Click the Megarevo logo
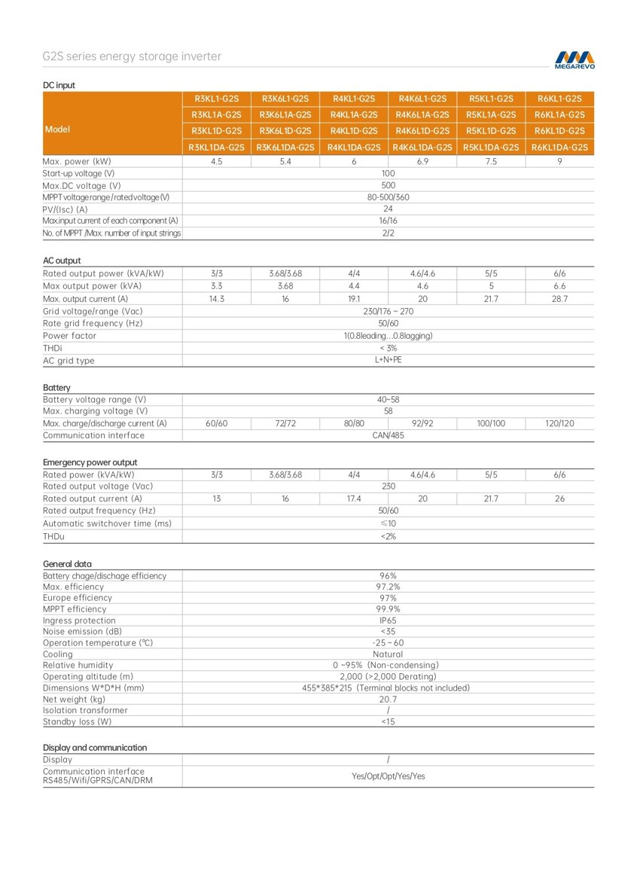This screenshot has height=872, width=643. click(x=574, y=59)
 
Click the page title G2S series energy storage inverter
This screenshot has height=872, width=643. click(x=132, y=56)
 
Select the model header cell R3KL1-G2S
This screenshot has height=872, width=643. click(x=217, y=99)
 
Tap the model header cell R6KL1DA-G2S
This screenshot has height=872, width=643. click(x=559, y=148)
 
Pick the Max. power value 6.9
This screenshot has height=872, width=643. click(x=422, y=162)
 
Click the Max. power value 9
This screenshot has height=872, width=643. click(x=559, y=162)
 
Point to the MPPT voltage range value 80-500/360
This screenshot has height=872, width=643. click(x=388, y=197)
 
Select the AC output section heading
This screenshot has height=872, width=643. click(x=62, y=261)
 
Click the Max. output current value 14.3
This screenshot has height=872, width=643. click(x=217, y=299)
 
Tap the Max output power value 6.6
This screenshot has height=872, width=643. click(x=559, y=286)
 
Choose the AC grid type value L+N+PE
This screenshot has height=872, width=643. click(x=388, y=360)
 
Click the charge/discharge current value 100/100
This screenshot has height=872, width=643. click(x=491, y=424)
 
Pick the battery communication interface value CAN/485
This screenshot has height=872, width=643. click(x=388, y=435)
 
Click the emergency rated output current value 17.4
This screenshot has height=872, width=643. click(x=354, y=499)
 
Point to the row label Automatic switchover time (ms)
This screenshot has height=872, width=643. click(x=107, y=523)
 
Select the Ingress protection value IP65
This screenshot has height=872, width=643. click(x=388, y=620)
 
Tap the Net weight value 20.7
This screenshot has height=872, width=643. click(x=388, y=699)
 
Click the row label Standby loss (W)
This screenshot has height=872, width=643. click(x=77, y=721)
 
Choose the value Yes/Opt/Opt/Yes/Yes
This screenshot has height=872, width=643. click(x=388, y=776)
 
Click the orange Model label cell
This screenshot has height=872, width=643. click(x=57, y=130)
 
